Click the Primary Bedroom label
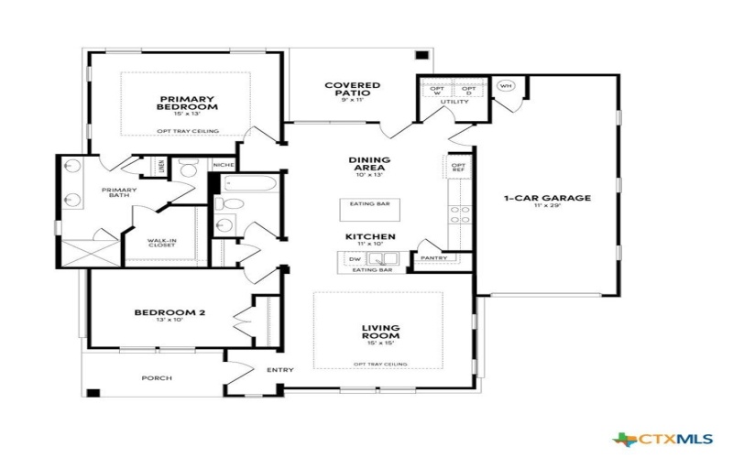tap(187, 103)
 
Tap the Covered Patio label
tap(352, 89)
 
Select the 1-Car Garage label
tap(547, 197)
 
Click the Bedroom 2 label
tap(170, 312)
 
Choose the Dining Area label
tap(369, 163)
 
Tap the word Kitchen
tap(370, 236)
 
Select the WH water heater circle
tap(505, 86)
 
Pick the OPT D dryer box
tap(467, 91)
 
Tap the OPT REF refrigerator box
tap(458, 168)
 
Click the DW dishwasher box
tap(356, 260)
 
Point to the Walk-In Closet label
tap(162, 244)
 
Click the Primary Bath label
tap(119, 192)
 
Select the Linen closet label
tap(160, 167)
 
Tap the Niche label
tap(224, 165)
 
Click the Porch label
tap(156, 377)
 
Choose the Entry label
tap(279, 370)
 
